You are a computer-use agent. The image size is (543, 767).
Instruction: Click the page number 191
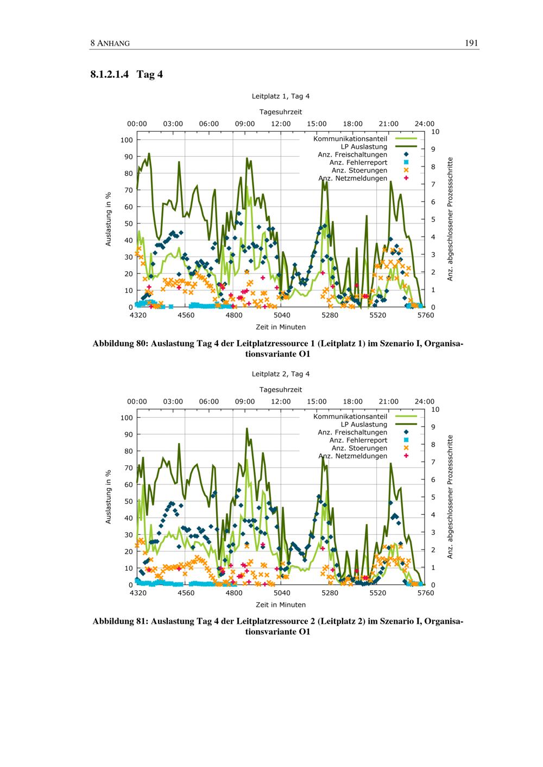pos(471,43)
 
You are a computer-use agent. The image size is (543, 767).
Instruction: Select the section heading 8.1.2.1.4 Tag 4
pos(127,74)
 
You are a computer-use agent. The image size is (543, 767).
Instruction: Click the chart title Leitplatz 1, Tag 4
pos(280,96)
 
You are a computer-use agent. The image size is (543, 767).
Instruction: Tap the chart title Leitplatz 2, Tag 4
pos(280,374)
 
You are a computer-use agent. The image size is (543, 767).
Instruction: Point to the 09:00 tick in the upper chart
pos(245,124)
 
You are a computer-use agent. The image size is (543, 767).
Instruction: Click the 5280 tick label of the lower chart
pos(330,593)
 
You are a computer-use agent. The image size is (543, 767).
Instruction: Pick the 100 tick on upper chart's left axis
pos(127,140)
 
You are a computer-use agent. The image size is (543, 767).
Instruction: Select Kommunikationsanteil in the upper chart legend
pos(350,139)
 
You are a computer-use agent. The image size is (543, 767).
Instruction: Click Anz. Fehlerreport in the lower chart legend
pos(358,440)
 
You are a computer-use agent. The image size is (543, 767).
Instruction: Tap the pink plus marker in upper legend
pos(406,178)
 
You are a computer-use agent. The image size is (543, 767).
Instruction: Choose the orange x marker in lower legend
pos(406,448)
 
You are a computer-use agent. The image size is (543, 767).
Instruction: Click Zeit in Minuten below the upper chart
pos(280,327)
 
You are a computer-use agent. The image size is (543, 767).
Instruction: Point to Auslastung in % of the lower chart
pos(108,497)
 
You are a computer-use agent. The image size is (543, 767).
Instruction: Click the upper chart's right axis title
pos(450,219)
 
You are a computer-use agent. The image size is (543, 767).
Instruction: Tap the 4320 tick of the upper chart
pos(138,315)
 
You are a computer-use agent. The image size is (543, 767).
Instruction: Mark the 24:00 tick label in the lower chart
pos(425,401)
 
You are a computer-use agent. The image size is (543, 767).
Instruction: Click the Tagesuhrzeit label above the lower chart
pos(280,389)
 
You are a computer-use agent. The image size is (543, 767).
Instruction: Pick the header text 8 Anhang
pos(110,43)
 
